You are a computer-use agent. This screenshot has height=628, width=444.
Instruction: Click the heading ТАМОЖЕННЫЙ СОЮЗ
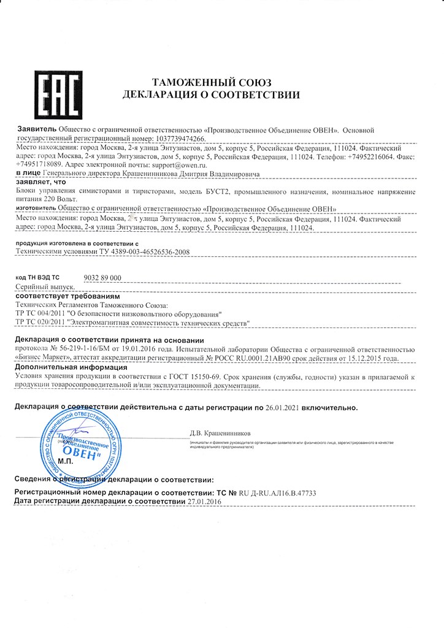(211, 83)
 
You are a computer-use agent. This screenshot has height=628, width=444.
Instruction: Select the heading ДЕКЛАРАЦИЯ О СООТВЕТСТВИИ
(211, 95)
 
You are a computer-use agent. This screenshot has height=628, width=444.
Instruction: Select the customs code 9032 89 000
(102, 278)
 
